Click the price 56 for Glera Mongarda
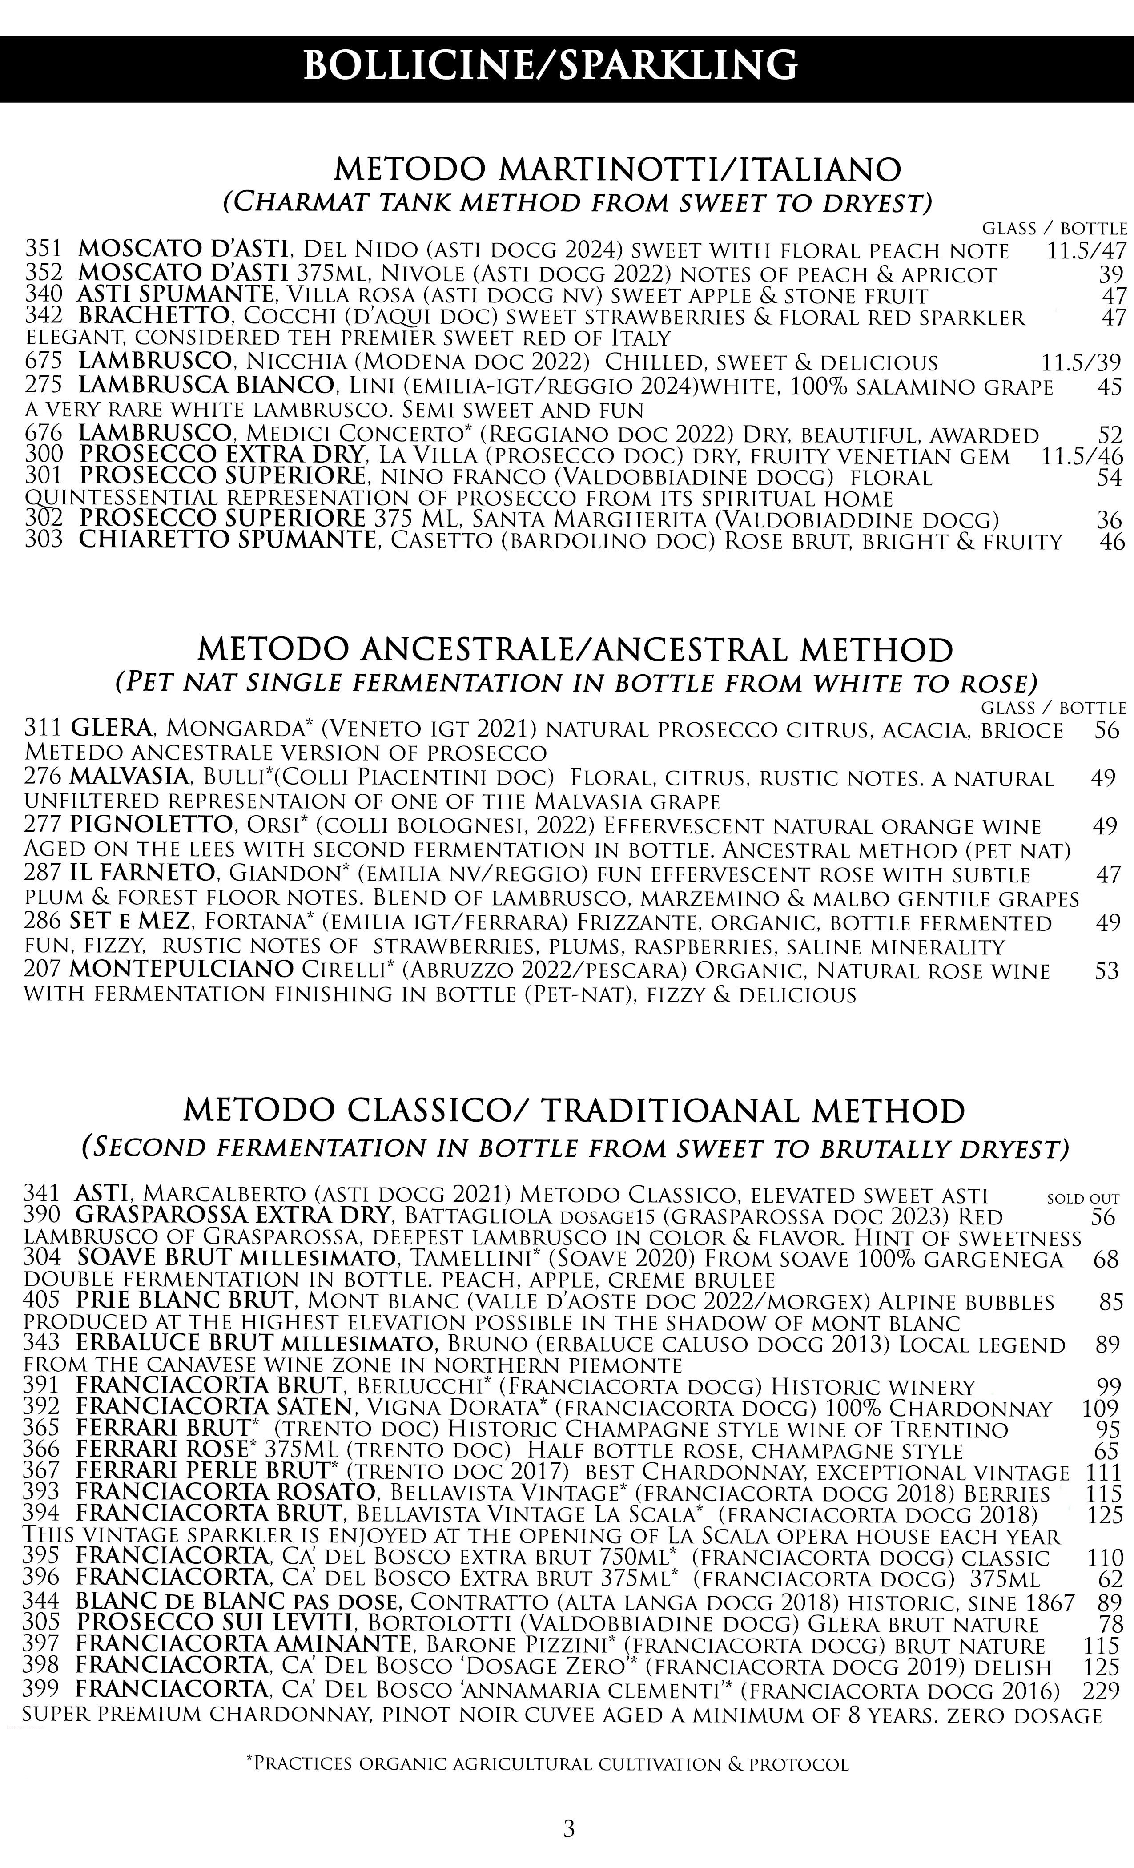click(x=1107, y=730)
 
